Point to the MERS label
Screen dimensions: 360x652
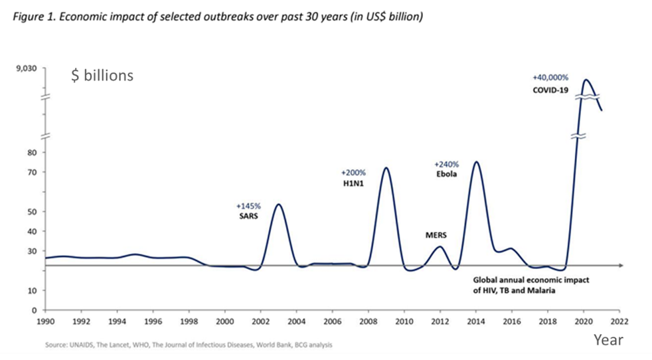(437, 235)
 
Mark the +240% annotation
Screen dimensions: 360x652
(446, 163)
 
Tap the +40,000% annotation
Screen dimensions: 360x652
(550, 77)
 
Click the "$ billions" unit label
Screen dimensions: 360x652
(102, 75)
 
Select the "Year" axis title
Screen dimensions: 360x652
(609, 339)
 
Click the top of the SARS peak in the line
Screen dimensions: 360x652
(278, 204)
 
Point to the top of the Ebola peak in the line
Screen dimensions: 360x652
(476, 161)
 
